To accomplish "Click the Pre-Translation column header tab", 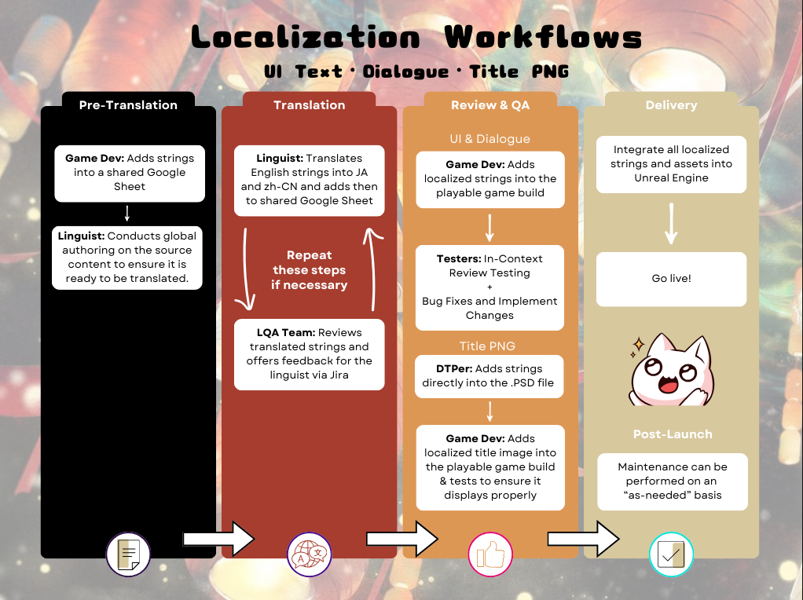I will click(128, 105).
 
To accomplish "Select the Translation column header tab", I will click(309, 105).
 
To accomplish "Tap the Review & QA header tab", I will click(490, 105).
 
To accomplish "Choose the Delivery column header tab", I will click(671, 105).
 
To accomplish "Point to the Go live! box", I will click(671, 279).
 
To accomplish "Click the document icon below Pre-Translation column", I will click(128, 554).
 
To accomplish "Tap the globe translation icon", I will click(310, 554).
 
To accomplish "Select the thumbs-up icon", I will click(490, 554).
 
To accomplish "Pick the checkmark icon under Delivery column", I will click(671, 554).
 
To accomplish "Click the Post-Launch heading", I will click(673, 434).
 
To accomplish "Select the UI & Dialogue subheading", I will click(490, 139).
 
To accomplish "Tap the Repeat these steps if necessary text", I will click(310, 270).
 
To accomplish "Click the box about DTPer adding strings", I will click(490, 375).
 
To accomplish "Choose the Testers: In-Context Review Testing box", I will click(490, 287).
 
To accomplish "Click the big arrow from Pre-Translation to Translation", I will click(219, 539).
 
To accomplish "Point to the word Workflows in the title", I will click(543, 37).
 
